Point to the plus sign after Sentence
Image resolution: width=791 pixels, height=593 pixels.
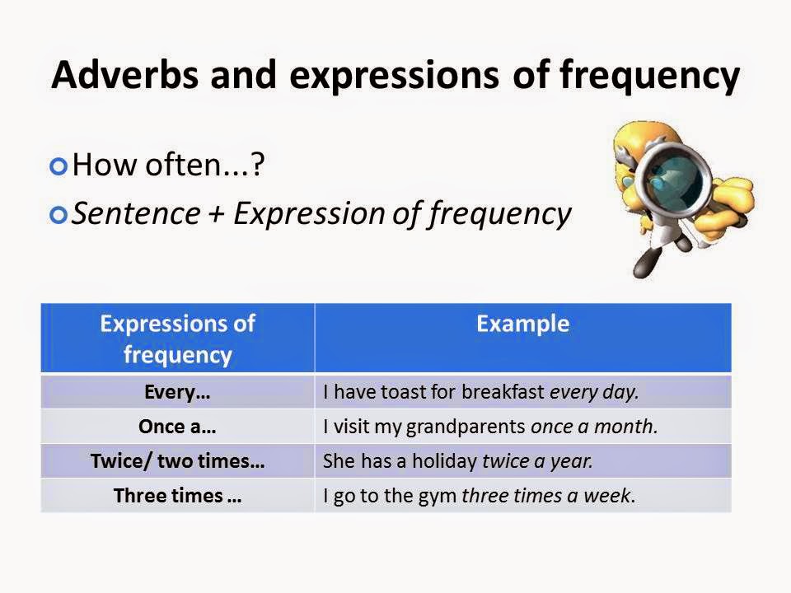[x=217, y=214]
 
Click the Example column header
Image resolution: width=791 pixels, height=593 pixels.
[x=522, y=324]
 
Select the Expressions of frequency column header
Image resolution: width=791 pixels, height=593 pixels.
[x=177, y=339]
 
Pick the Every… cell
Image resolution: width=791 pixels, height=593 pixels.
[x=177, y=392]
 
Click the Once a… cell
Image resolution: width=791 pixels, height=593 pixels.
[x=177, y=427]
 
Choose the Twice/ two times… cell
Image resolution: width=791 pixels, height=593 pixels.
[x=177, y=461]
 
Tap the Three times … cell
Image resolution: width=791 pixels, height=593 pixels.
[x=177, y=496]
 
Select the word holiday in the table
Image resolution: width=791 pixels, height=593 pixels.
[x=449, y=461]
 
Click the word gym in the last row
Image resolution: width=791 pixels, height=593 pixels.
[x=442, y=497]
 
